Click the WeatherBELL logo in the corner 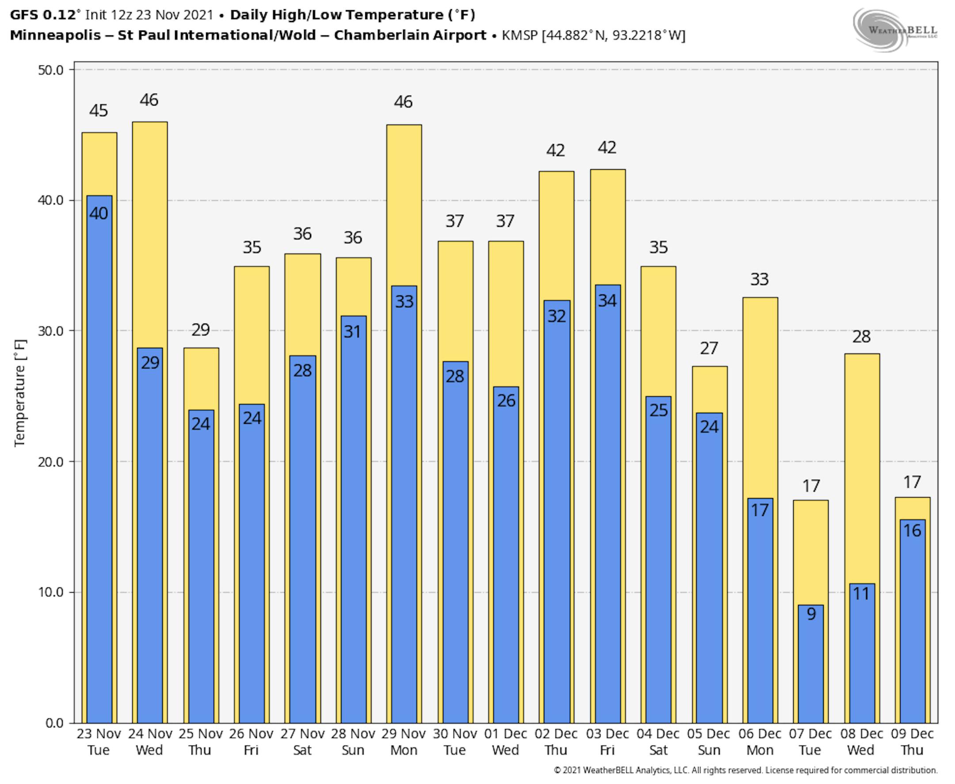coord(894,30)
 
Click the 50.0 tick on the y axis coord(50,70)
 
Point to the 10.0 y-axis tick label coord(50,592)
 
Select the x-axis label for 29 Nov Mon coord(403,742)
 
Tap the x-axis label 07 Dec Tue coord(810,742)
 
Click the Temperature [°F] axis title coord(20,393)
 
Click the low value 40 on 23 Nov coord(99,213)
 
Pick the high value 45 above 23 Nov coord(99,110)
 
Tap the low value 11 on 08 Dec coord(861,594)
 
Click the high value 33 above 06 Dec coord(760,280)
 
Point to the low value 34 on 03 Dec coord(607,301)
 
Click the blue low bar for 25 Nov coord(201,564)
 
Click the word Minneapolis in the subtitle coord(55,35)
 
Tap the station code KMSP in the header coord(520,35)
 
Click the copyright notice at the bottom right coord(745,770)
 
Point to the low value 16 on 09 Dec coord(912,530)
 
